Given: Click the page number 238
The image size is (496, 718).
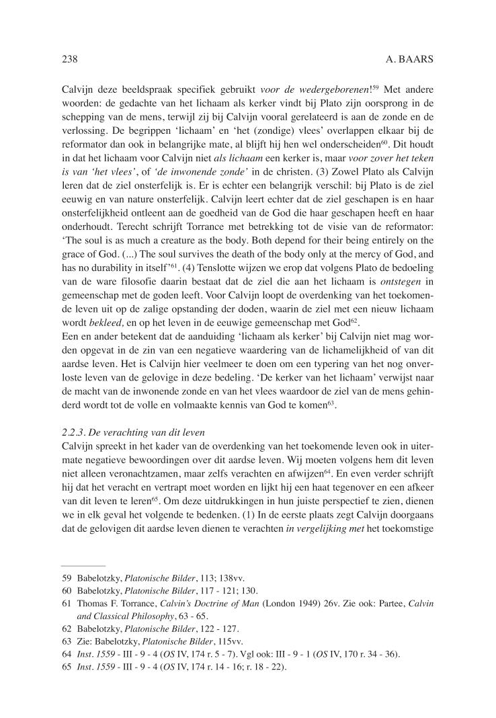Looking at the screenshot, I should click(x=70, y=60).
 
